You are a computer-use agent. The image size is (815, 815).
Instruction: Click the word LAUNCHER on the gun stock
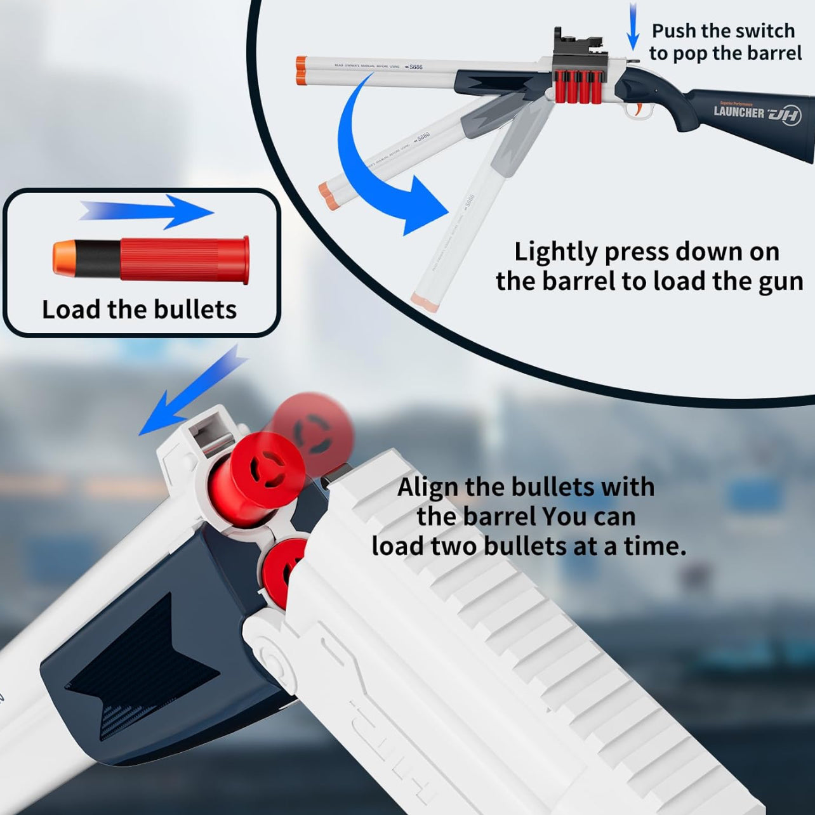click(739, 112)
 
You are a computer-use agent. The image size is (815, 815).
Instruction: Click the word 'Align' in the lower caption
click(427, 487)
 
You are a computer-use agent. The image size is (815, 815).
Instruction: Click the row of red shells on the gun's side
click(578, 86)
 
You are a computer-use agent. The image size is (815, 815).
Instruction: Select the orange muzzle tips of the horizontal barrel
click(301, 70)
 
